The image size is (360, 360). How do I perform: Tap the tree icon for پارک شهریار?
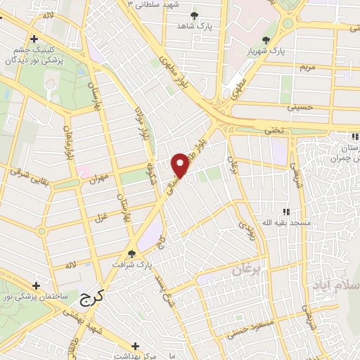point(266,40)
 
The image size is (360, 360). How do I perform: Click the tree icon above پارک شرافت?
point(131,254)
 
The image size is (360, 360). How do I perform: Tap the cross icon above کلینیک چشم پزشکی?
point(32,40)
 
